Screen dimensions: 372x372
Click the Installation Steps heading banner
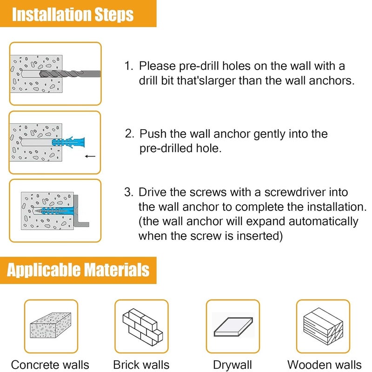pyautogui.click(x=78, y=13)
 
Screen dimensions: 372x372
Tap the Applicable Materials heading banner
pyautogui.click(x=78, y=270)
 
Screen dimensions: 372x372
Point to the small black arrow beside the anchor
pyautogui.click(x=90, y=156)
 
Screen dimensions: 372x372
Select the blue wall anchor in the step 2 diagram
pyautogui.click(x=68, y=142)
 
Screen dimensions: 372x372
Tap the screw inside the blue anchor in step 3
pyautogui.click(x=54, y=210)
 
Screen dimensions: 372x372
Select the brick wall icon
pyautogui.click(x=143, y=326)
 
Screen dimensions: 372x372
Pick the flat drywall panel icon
pyautogui.click(x=233, y=327)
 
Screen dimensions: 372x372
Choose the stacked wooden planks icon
pyautogui.click(x=323, y=326)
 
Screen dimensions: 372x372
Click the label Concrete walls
pyautogui.click(x=50, y=365)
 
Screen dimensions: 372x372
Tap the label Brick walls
pyautogui.click(x=141, y=365)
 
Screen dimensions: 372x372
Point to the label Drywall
pyautogui.click(x=232, y=365)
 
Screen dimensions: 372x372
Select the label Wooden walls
pyautogui.click(x=324, y=365)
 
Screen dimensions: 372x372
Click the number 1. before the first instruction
pyautogui.click(x=129, y=66)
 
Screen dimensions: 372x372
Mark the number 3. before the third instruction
pyautogui.click(x=129, y=192)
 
